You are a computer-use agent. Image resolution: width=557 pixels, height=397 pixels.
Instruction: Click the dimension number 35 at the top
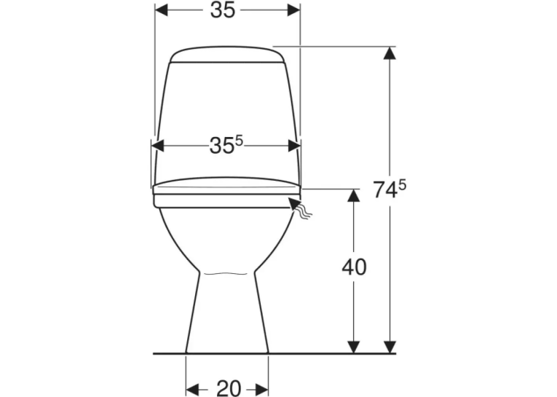223,10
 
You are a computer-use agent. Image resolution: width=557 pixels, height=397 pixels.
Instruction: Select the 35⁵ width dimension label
226,145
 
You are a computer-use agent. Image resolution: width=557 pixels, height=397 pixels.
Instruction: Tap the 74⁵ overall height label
390,189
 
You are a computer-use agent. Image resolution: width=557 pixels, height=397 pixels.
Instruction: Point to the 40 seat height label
354,267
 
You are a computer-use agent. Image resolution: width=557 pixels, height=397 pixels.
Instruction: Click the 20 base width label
229,388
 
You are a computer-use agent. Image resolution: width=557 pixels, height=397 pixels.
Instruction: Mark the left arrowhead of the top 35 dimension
162,10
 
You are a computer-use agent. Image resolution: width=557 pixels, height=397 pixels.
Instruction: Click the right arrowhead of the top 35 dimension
293,10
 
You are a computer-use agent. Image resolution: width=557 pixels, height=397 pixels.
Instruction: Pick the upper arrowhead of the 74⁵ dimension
390,53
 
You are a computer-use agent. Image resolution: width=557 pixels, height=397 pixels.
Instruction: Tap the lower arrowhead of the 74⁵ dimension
390,347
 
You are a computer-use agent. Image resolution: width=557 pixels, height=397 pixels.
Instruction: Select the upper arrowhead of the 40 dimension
353,195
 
